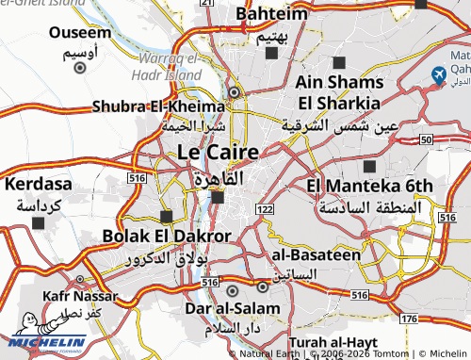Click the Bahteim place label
tap(272, 14)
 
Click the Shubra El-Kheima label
tap(157, 106)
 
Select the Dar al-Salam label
tap(232, 308)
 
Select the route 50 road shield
tap(426, 139)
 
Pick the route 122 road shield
tap(265, 208)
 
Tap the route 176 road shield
tap(408, 319)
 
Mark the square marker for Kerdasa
tap(38, 222)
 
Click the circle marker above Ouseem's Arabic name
tap(79, 67)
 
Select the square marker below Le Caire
tap(218, 197)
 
